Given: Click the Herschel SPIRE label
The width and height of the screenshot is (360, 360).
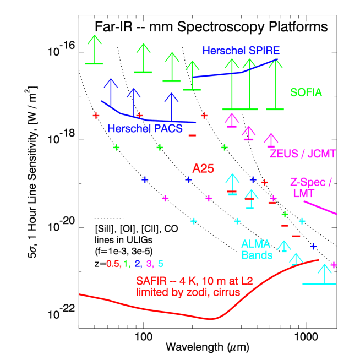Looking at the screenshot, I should click(241, 51).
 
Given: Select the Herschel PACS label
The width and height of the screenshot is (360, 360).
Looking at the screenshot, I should click(145, 129).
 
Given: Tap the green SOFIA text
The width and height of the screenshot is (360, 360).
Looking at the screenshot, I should click(306, 92).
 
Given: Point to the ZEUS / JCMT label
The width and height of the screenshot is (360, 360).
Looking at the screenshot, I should click(302, 154).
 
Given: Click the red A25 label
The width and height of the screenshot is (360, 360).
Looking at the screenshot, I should click(203, 168).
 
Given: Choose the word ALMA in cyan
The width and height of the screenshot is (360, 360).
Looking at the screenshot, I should click(255, 244).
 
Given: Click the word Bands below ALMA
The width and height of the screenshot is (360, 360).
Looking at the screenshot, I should click(257, 255).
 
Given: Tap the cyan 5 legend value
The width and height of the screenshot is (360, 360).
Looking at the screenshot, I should click(160, 264).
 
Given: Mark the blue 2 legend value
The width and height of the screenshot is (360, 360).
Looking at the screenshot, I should click(138, 264).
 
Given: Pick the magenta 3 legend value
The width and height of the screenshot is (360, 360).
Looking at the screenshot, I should click(149, 264).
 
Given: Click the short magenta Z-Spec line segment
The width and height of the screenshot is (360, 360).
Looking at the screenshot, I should click(320, 208).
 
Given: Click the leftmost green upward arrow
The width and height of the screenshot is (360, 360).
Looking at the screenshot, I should click(95, 50).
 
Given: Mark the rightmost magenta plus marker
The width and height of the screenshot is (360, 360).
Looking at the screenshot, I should click(333, 265).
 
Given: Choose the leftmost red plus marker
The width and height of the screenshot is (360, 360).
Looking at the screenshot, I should click(96, 116).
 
